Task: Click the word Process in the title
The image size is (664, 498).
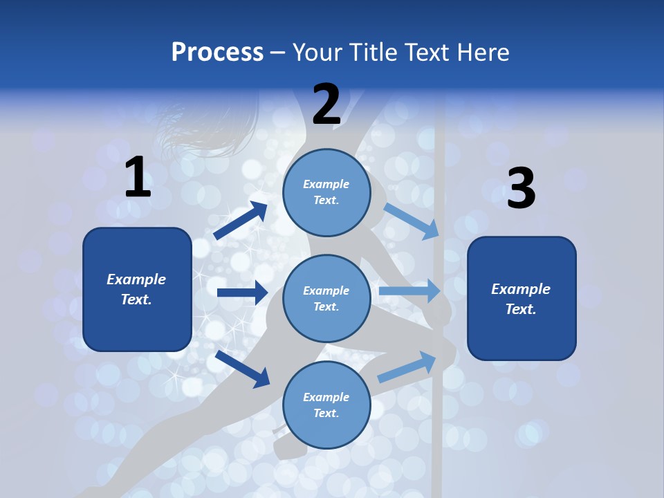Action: coord(217,53)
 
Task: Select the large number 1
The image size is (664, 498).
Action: coord(138,178)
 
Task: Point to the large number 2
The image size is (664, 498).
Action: coord(326,104)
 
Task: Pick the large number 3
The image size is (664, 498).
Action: coord(521,189)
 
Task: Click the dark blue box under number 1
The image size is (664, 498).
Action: coord(137,289)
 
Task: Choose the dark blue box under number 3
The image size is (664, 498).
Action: coord(522,299)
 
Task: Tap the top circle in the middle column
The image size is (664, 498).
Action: coord(326,192)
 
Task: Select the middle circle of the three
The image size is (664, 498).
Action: coord(326,299)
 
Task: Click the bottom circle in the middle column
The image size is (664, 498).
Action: coord(326,405)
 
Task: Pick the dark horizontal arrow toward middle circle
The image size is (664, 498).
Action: coord(242,293)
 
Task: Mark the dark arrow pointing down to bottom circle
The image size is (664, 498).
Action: coord(242,368)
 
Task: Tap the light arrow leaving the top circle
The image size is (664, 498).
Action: coord(412,220)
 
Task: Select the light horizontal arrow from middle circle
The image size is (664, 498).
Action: coord(409,290)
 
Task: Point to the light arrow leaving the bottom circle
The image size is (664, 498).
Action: coord(407,367)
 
